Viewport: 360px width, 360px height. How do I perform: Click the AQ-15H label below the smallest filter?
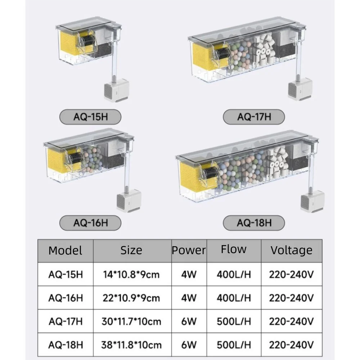[x=90, y=117]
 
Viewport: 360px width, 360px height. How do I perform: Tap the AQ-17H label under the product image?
[x=254, y=117]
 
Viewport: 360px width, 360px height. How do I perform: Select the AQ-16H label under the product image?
[x=90, y=223]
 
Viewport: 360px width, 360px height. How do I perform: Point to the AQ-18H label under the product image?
[x=254, y=223]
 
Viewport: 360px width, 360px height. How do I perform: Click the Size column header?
[x=131, y=250]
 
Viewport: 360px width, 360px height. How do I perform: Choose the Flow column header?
[x=234, y=249]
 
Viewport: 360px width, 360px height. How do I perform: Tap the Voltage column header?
[x=291, y=250]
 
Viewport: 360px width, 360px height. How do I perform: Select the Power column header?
[x=189, y=250]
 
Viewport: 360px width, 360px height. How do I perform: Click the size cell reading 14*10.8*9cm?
[x=131, y=275]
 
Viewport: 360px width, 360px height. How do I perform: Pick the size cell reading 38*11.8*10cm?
[x=131, y=345]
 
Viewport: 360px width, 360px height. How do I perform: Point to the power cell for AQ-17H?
[x=189, y=321]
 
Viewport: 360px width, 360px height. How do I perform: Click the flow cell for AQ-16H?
[x=234, y=298]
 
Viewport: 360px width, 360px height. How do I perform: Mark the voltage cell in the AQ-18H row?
[x=291, y=345]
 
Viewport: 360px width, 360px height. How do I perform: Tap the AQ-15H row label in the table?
[x=66, y=275]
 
